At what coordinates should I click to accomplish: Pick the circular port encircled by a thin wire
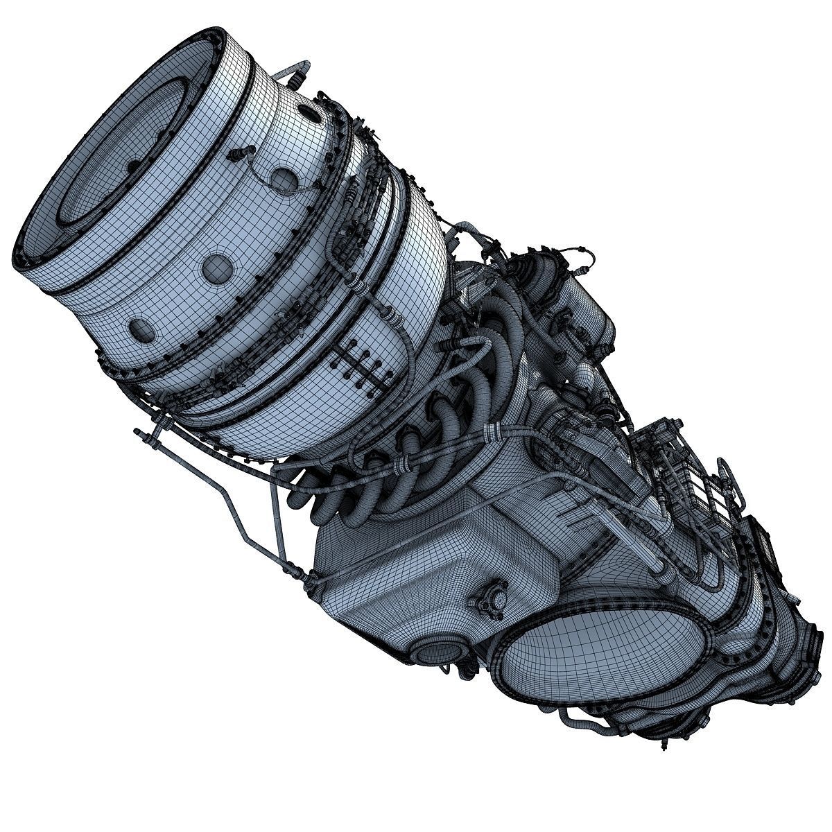coord(282,179)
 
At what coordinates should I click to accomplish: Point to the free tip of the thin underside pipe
coord(138,433)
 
